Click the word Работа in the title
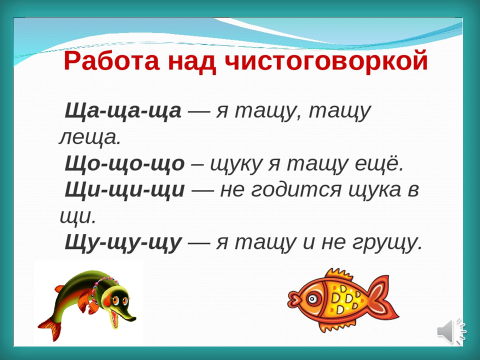(112, 61)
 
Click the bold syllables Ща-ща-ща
(123, 111)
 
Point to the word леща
(89, 137)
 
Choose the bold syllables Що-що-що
(124, 164)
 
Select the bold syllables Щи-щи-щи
(125, 190)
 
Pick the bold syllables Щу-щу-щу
(123, 243)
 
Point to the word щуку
(236, 164)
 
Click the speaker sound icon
(451, 331)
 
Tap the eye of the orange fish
(313, 299)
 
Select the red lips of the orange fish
(294, 298)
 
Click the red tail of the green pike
(49, 328)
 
